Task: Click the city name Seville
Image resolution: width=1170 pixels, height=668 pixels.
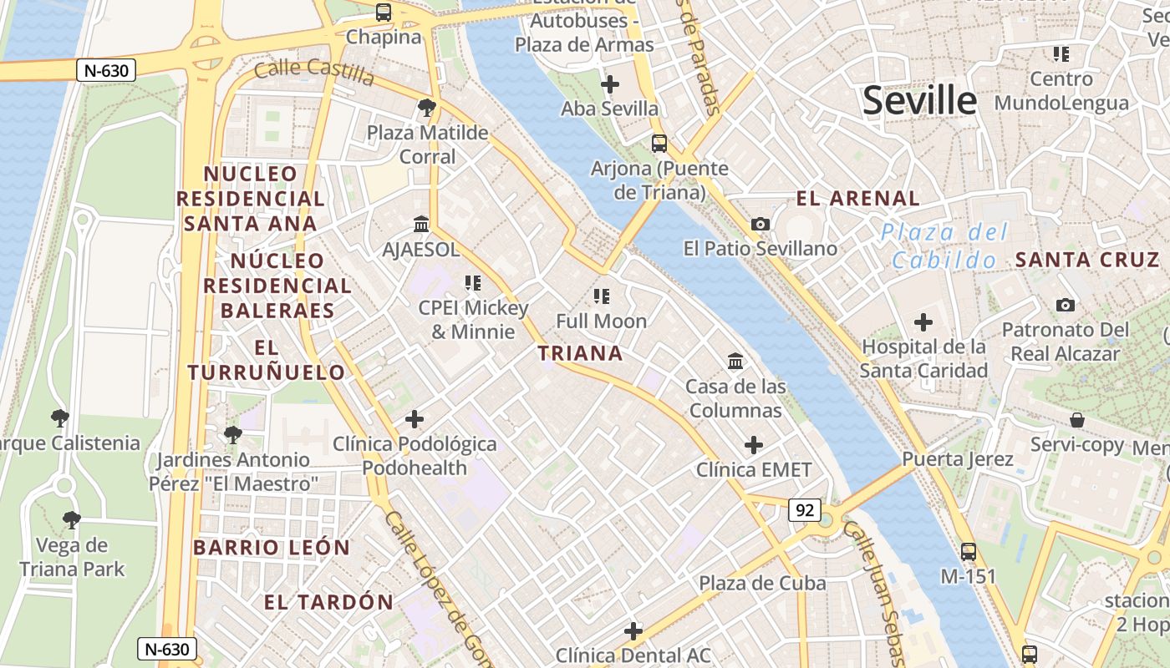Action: pyautogui.click(x=919, y=101)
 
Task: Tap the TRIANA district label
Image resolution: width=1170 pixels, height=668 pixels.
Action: pyautogui.click(x=580, y=353)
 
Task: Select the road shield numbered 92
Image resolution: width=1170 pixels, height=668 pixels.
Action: pyautogui.click(x=804, y=510)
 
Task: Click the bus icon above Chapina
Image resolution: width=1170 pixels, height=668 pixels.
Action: pyautogui.click(x=384, y=13)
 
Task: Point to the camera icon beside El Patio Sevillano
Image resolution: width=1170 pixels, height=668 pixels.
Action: pyautogui.click(x=760, y=224)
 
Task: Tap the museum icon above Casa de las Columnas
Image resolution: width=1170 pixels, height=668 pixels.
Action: pyautogui.click(x=735, y=362)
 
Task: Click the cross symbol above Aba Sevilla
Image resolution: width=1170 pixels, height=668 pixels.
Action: pyautogui.click(x=610, y=84)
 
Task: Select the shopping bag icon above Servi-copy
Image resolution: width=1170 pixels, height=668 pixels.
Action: pyautogui.click(x=1077, y=419)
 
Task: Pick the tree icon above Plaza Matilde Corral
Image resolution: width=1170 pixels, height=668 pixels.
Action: pyautogui.click(x=427, y=108)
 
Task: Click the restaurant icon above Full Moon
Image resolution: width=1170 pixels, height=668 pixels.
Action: pyautogui.click(x=601, y=296)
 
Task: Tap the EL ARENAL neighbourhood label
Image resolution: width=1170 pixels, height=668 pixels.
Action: pyautogui.click(x=857, y=199)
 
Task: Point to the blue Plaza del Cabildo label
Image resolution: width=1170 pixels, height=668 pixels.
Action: pyautogui.click(x=945, y=246)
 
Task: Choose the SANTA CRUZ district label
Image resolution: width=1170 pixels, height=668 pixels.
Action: pyautogui.click(x=1087, y=260)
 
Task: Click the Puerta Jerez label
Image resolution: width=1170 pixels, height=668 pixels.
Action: pyautogui.click(x=957, y=459)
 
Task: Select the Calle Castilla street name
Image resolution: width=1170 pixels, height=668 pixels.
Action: pyautogui.click(x=313, y=72)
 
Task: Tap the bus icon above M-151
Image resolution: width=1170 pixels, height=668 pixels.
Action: pyautogui.click(x=968, y=551)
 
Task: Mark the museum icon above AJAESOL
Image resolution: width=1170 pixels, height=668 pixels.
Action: pyautogui.click(x=421, y=225)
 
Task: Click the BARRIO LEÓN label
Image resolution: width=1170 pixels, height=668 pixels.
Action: pyautogui.click(x=272, y=548)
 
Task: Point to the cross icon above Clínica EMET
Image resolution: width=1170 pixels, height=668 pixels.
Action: pyautogui.click(x=754, y=445)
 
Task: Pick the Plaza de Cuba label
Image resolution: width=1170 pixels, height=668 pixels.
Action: pyautogui.click(x=762, y=583)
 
